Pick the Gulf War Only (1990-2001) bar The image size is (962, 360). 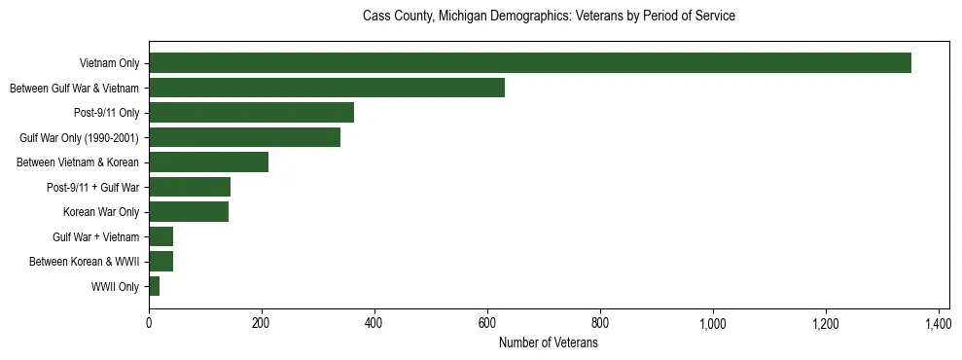click(244, 137)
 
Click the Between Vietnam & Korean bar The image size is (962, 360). click(208, 162)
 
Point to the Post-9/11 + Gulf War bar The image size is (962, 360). click(190, 187)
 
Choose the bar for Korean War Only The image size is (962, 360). click(189, 212)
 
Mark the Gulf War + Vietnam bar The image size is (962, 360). click(160, 236)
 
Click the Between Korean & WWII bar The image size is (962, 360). click(160, 262)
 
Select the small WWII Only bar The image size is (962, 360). click(154, 286)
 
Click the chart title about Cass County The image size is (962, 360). click(549, 17)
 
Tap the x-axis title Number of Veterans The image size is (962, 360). click(549, 342)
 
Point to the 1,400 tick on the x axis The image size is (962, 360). click(939, 322)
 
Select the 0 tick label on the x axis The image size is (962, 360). click(149, 322)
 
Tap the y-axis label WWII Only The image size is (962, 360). click(115, 286)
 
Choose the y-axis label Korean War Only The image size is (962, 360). click(101, 212)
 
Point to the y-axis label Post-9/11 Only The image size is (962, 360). click(106, 113)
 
